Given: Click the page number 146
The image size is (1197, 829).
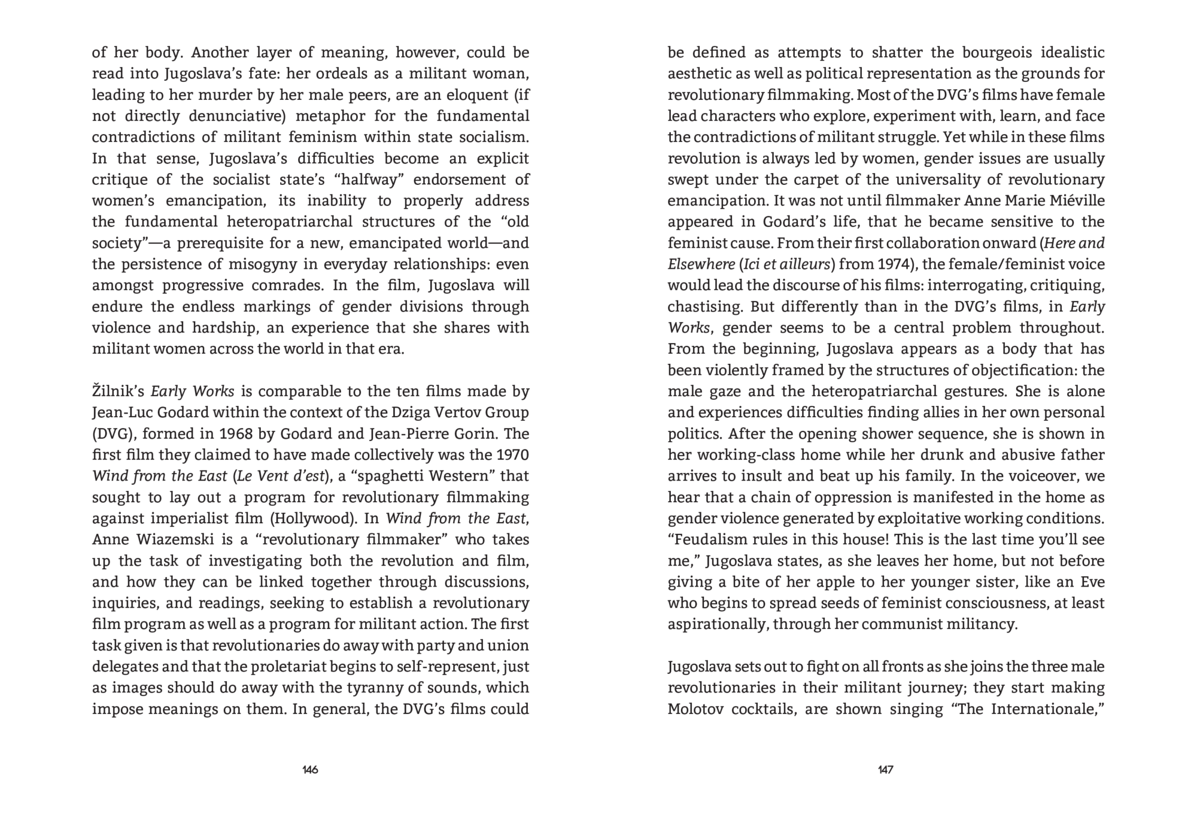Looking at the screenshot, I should [x=310, y=770].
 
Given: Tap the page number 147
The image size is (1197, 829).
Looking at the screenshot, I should [x=886, y=770].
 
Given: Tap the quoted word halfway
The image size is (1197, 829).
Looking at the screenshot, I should [x=371, y=180].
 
